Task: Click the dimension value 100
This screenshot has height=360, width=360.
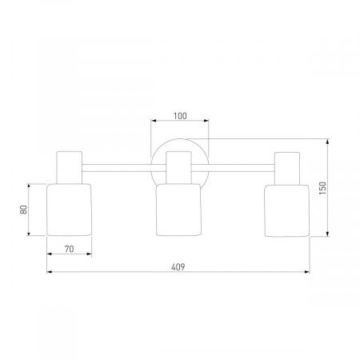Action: (180, 116)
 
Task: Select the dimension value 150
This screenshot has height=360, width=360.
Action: (322, 188)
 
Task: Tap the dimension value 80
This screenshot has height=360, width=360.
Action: (23, 210)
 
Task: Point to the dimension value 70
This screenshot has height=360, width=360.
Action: (69, 249)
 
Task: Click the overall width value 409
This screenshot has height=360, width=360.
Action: (178, 267)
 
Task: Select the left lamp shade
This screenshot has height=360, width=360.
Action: (69, 210)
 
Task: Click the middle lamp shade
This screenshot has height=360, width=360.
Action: (178, 210)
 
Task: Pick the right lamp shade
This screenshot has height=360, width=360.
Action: (287, 210)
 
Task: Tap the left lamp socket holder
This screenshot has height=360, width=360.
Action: (70, 167)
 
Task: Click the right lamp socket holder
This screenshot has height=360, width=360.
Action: (287, 168)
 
